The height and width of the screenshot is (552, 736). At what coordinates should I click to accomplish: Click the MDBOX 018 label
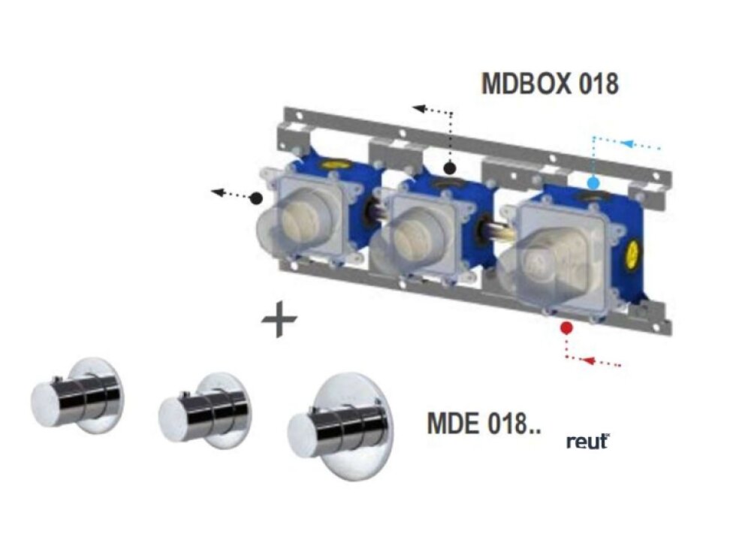pyautogui.click(x=550, y=84)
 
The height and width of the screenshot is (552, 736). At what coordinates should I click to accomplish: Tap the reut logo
pyautogui.click(x=587, y=441)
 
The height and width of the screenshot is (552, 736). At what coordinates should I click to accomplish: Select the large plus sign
pyautogui.click(x=279, y=321)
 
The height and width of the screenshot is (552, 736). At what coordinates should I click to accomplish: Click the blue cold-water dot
pyautogui.click(x=593, y=182)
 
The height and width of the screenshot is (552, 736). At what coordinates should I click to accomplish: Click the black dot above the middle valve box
pyautogui.click(x=449, y=167)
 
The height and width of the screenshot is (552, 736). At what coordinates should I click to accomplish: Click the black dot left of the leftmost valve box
pyautogui.click(x=256, y=198)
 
